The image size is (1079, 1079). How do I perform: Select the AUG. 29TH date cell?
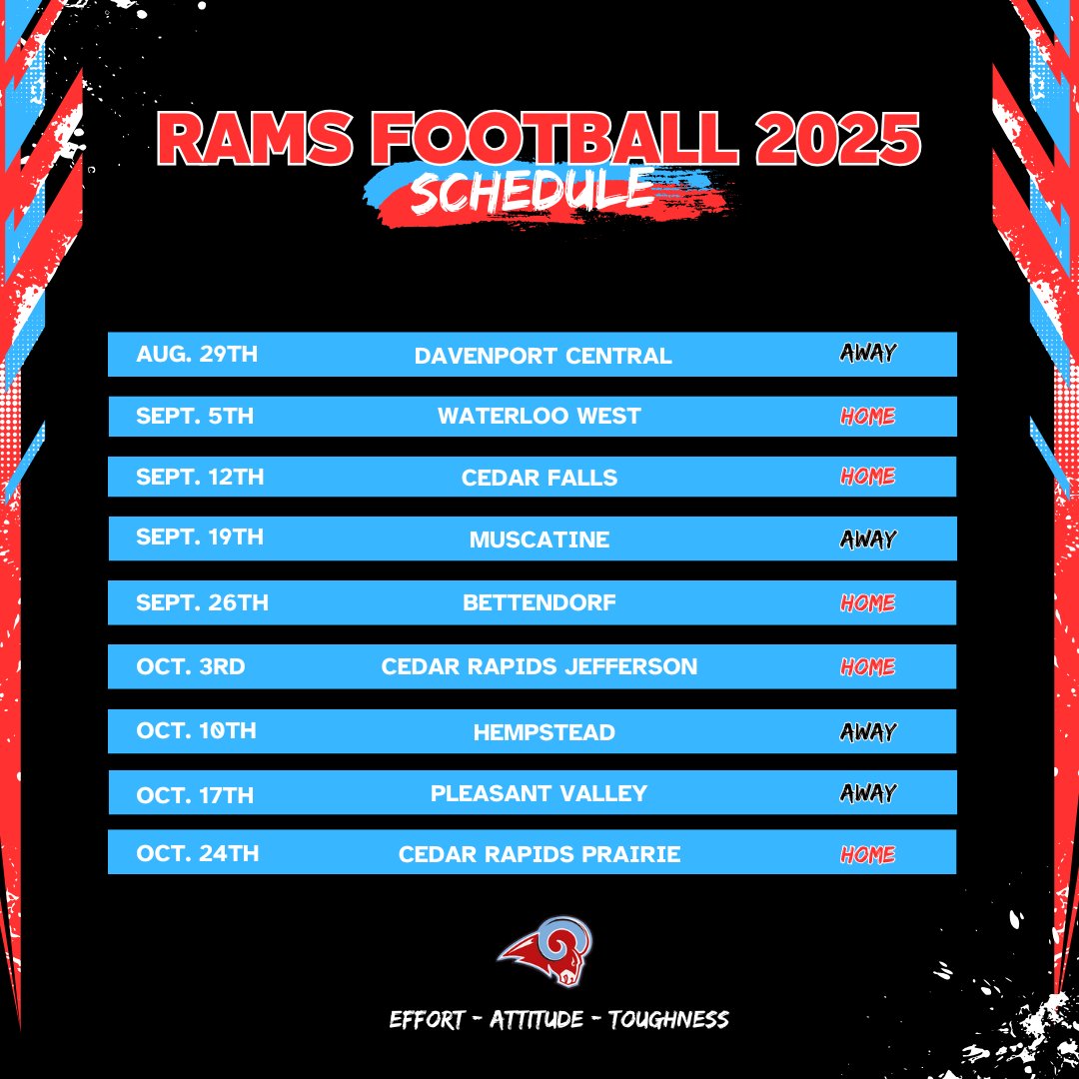tap(197, 354)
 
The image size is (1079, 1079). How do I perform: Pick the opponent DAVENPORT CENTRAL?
tap(542, 356)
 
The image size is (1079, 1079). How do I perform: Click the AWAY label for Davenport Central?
tap(867, 353)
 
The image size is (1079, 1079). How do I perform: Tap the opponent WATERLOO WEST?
tap(539, 417)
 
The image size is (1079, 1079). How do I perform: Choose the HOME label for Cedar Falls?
tap(867, 477)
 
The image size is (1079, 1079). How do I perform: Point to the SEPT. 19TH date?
tap(200, 538)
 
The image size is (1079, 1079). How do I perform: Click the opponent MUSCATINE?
tap(539, 540)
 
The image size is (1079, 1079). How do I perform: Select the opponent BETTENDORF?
tap(539, 603)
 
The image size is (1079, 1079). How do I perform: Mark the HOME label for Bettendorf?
tap(867, 603)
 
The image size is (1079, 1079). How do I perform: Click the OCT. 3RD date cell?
tap(190, 666)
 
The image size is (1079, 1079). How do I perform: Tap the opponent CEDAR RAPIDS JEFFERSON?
tap(539, 666)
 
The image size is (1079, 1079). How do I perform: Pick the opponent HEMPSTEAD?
tap(543, 732)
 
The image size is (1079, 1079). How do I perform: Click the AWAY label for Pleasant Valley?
tap(867, 793)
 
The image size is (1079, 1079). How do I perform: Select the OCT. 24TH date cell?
tap(197, 854)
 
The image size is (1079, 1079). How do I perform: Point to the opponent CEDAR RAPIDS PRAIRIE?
tap(539, 854)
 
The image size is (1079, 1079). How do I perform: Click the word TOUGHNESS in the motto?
tap(668, 1020)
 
